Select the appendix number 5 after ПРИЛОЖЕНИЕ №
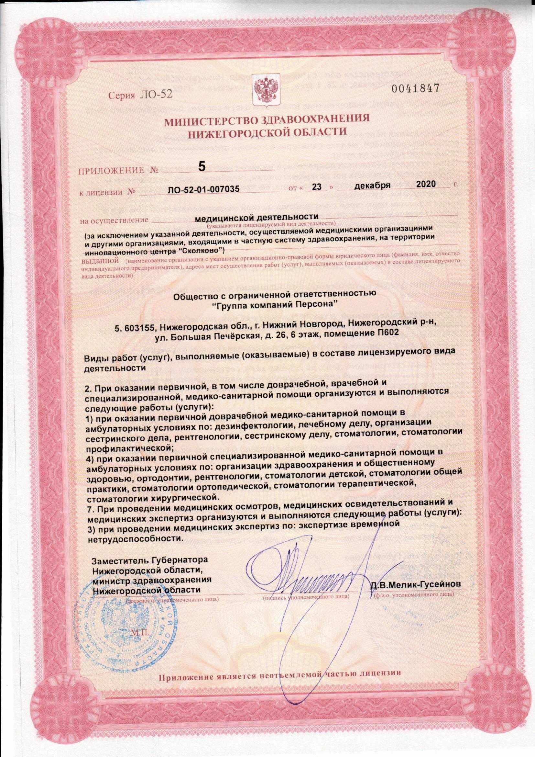(202, 167)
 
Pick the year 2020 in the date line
(426, 184)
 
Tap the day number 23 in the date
(317, 187)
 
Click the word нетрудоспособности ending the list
(135, 539)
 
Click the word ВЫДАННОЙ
(100, 260)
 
